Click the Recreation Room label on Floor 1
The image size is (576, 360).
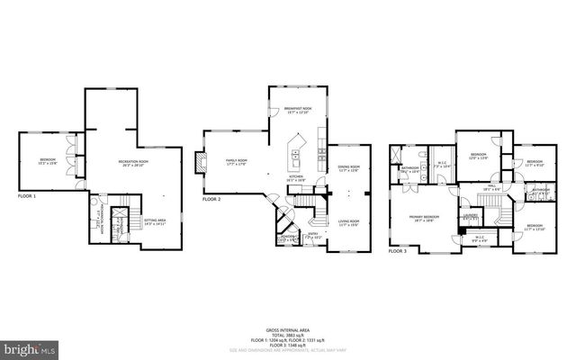133,163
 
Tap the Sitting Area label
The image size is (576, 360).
155,220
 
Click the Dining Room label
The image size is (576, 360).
348,168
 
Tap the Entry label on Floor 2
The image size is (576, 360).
313,236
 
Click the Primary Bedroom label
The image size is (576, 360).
424,218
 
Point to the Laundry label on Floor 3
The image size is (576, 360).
469,217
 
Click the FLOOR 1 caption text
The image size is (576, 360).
27,195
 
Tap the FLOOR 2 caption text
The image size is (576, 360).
211,199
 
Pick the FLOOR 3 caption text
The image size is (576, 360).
398,251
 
